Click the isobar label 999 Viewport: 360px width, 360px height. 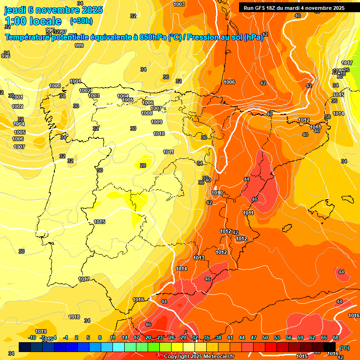click(x=79, y=45)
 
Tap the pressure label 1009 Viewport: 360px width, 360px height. click(x=157, y=122)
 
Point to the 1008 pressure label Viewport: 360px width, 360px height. click(x=147, y=113)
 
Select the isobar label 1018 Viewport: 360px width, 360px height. click(x=74, y=317)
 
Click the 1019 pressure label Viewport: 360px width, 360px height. click(x=41, y=331)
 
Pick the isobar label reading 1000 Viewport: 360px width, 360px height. click(x=55, y=86)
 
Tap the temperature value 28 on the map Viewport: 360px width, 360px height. click(x=143, y=165)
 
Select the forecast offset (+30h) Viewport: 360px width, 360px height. click(x=81, y=21)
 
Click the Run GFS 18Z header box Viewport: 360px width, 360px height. click(x=294, y=7)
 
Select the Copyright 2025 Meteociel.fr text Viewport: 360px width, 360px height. click(x=199, y=356)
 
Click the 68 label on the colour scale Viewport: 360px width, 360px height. click(x=336, y=337)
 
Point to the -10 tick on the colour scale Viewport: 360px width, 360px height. click(x=32, y=337)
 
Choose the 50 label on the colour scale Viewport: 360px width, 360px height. click(x=265, y=337)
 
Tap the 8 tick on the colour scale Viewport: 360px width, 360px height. click(x=100, y=337)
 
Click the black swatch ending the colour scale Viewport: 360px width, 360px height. click(x=330, y=347)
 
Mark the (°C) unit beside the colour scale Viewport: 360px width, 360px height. click(x=345, y=347)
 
